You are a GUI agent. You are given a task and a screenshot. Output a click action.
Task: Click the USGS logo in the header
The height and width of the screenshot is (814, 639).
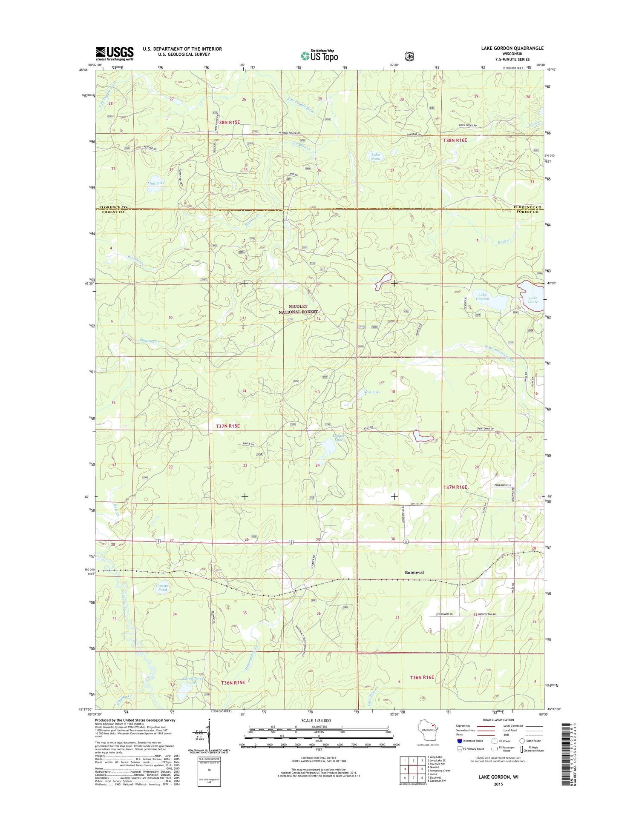click(114, 53)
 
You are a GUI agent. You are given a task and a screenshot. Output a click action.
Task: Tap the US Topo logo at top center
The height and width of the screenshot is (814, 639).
click(319, 56)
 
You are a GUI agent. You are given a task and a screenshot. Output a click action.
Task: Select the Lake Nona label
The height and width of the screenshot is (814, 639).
click(375, 156)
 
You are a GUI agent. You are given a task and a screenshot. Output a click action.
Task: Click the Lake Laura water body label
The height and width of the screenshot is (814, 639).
click(533, 300)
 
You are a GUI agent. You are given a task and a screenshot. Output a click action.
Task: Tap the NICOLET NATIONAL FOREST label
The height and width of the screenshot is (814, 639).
click(298, 309)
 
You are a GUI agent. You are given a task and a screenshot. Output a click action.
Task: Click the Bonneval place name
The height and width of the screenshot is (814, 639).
click(414, 572)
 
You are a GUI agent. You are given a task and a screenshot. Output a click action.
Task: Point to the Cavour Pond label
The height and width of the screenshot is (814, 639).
click(162, 588)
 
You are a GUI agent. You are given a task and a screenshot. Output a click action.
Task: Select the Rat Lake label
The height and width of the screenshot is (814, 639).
click(373, 392)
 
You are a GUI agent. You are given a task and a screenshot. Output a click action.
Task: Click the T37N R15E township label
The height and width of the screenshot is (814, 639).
click(228, 426)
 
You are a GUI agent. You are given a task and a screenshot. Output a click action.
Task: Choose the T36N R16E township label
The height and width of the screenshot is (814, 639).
click(422, 677)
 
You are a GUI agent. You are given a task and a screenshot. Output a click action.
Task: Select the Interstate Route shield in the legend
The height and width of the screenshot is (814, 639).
click(459, 741)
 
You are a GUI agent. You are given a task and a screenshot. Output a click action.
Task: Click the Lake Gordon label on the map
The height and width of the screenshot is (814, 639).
click(482, 296)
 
